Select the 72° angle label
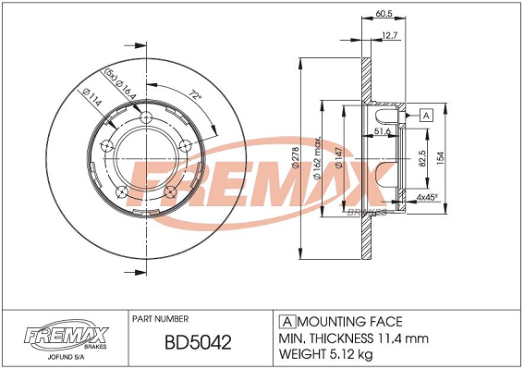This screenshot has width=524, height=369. click(195, 94)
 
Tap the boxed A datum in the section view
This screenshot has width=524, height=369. click(426, 116)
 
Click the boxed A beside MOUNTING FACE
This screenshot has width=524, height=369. click(286, 321)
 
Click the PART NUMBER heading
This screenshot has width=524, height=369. click(162, 317)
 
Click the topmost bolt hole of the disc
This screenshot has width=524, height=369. click(147, 118)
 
